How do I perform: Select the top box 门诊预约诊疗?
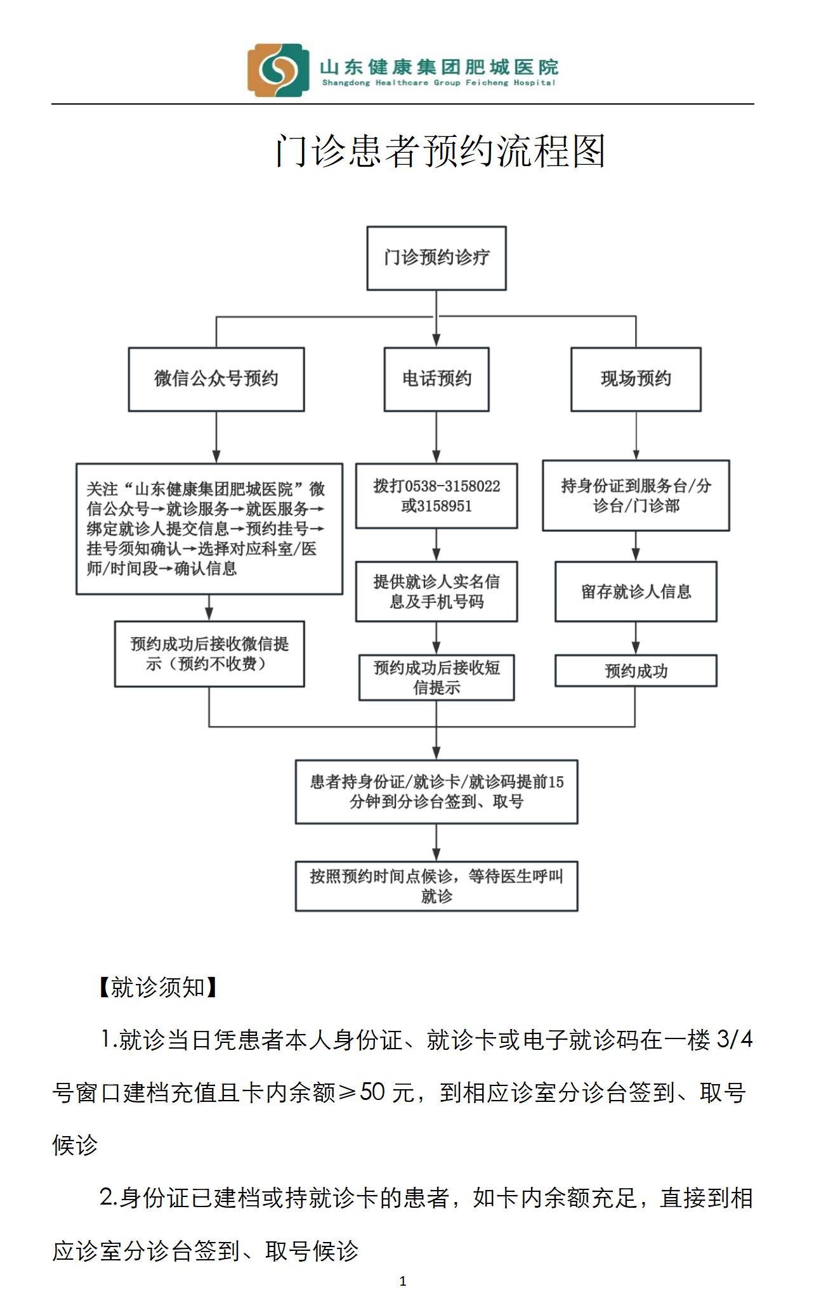436,258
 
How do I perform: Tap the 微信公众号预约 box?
216,379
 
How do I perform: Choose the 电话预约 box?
436,379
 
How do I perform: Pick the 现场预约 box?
636,379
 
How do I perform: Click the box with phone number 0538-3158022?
436,496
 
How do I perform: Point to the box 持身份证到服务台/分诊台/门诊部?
636,496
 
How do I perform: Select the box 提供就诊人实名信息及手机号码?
436,591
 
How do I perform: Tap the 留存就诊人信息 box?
636,592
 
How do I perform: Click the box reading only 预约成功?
636,671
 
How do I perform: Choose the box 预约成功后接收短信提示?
436,677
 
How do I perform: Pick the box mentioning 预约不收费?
209,654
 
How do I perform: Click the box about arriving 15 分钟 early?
436,792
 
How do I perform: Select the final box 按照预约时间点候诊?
436,886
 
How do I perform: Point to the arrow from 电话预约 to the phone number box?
436,437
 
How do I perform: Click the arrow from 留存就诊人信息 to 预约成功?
636,638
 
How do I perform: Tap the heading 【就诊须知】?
157,987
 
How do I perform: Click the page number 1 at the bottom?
403,1281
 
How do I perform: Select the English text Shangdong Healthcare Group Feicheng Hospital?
439,83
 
